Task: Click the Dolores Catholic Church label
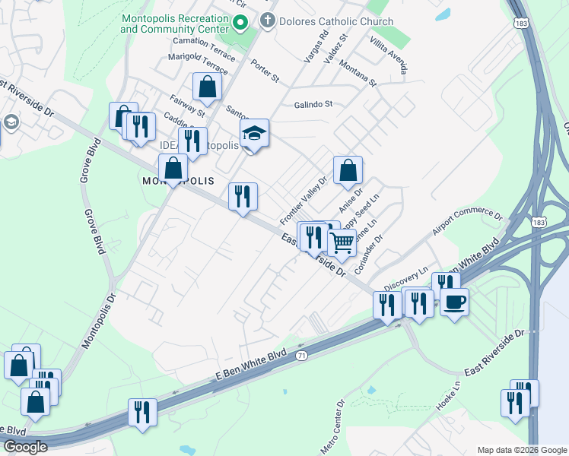[335, 22]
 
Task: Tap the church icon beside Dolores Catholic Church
[267, 22]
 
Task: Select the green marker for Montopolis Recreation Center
[241, 23]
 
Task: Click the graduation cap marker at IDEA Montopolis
[256, 134]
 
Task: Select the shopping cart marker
[342, 243]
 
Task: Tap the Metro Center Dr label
[332, 426]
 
